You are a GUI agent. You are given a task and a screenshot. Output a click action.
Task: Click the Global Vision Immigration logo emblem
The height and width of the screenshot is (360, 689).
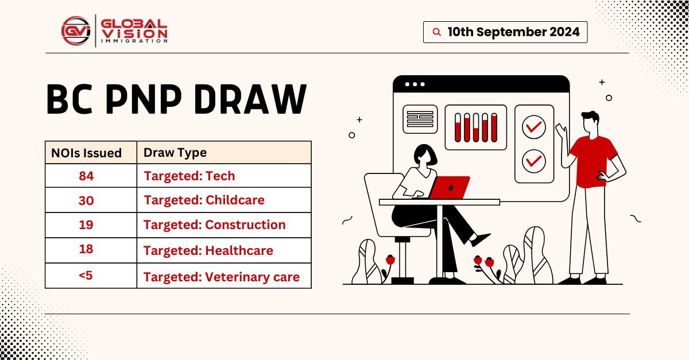tap(76, 31)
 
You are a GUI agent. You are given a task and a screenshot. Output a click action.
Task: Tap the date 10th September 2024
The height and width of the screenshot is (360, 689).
tap(513, 32)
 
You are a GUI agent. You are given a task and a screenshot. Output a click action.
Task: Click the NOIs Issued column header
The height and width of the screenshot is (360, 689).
tap(87, 153)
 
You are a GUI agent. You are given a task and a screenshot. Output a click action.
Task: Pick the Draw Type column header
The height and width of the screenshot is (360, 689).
tap(175, 153)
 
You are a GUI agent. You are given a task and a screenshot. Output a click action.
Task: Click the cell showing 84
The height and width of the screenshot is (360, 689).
tap(87, 176)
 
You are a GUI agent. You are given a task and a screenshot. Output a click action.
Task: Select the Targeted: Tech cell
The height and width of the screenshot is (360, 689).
tap(189, 176)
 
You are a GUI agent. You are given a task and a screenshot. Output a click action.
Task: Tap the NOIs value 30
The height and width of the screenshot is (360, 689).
tap(87, 200)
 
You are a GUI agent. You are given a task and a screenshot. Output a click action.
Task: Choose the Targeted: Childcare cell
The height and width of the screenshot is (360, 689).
tap(204, 200)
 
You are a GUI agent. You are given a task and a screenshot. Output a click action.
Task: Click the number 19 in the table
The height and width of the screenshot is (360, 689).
tap(87, 225)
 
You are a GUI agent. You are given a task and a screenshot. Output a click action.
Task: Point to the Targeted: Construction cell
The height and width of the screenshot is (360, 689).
tap(214, 225)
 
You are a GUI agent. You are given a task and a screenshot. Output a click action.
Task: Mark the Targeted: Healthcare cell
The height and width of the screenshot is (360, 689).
tap(208, 251)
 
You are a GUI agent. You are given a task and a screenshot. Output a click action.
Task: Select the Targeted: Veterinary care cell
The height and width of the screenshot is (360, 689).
tap(221, 277)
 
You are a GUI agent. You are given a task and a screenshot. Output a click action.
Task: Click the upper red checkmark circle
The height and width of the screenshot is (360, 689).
tap(535, 126)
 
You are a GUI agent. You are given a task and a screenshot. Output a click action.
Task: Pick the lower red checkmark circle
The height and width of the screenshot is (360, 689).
tap(535, 160)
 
